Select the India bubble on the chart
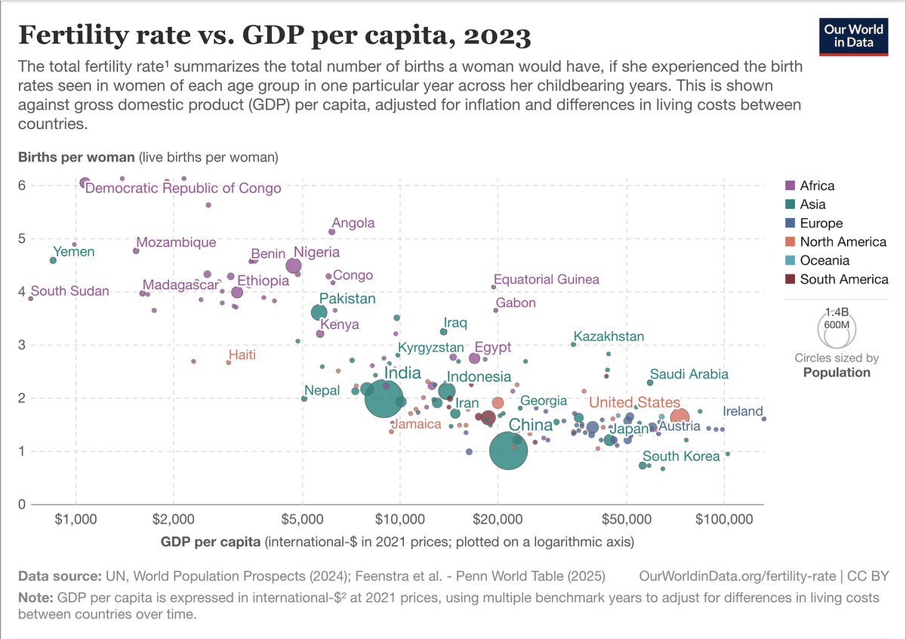384,399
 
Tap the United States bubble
679,417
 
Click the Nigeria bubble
294,266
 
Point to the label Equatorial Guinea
546,280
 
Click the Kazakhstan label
609,336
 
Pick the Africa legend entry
817,186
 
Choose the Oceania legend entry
824,261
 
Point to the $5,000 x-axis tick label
302,519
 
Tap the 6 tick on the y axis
23,185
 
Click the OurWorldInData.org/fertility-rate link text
740,576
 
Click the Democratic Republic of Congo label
183,189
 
